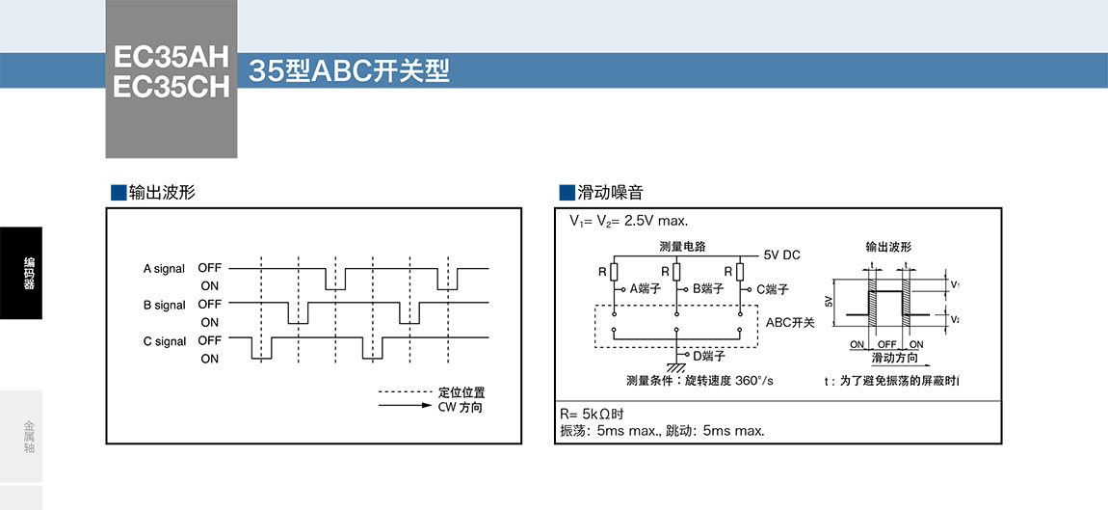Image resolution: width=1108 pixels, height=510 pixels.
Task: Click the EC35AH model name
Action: pyautogui.click(x=171, y=55)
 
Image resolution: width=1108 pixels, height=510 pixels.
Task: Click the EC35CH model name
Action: pyautogui.click(x=171, y=87)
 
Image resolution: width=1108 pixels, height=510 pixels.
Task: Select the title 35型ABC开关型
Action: pyautogui.click(x=349, y=71)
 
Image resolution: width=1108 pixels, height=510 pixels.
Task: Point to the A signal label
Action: pyautogui.click(x=164, y=268)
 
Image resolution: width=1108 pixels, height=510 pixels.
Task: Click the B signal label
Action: pyautogui.click(x=164, y=305)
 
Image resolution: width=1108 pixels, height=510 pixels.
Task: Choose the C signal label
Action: pyautogui.click(x=164, y=341)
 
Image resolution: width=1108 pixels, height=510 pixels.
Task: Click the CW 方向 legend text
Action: pyautogui.click(x=461, y=407)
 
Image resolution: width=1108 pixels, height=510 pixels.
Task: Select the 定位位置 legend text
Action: pyautogui.click(x=462, y=392)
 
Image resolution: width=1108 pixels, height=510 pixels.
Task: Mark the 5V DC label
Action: pyautogui.click(x=781, y=255)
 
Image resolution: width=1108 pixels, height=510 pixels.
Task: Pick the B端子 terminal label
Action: pyautogui.click(x=708, y=288)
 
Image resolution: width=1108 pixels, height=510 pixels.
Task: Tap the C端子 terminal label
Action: pyautogui.click(x=772, y=288)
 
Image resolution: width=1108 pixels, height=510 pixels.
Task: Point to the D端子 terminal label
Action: pyautogui.click(x=709, y=356)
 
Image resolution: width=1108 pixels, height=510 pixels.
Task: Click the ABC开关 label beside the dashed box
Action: pyautogui.click(x=790, y=322)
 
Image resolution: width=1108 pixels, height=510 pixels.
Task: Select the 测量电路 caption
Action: pyautogui.click(x=682, y=246)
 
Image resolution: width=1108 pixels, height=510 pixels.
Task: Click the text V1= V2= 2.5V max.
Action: pyautogui.click(x=628, y=221)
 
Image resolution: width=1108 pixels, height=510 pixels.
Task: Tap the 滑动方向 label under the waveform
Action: pyautogui.click(x=894, y=358)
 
